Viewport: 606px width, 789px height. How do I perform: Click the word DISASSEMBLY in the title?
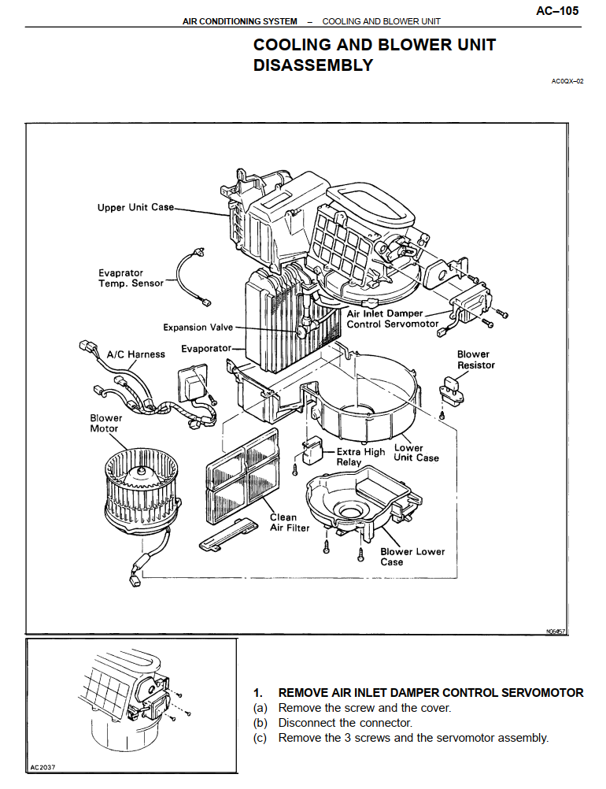pyautogui.click(x=313, y=65)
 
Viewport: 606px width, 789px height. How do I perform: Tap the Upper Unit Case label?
pyautogui.click(x=135, y=208)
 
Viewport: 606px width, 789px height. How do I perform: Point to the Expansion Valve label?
pyautogui.click(x=198, y=327)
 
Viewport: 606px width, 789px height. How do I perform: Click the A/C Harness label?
pyautogui.click(x=136, y=354)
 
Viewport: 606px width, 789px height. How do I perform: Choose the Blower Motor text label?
pyautogui.click(x=105, y=424)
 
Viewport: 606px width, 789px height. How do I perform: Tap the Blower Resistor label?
pyautogui.click(x=475, y=360)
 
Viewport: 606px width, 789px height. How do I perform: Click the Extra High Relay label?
pyautogui.click(x=360, y=457)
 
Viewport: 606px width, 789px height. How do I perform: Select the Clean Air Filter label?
pyautogui.click(x=290, y=523)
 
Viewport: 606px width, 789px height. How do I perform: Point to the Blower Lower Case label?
pyautogui.click(x=412, y=557)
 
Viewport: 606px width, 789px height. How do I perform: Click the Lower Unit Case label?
pyautogui.click(x=416, y=453)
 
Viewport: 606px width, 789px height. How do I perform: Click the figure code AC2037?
pyautogui.click(x=45, y=767)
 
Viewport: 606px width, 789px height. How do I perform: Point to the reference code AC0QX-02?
pyautogui.click(x=567, y=81)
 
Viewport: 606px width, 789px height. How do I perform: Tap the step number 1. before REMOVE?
pyautogui.click(x=257, y=693)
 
